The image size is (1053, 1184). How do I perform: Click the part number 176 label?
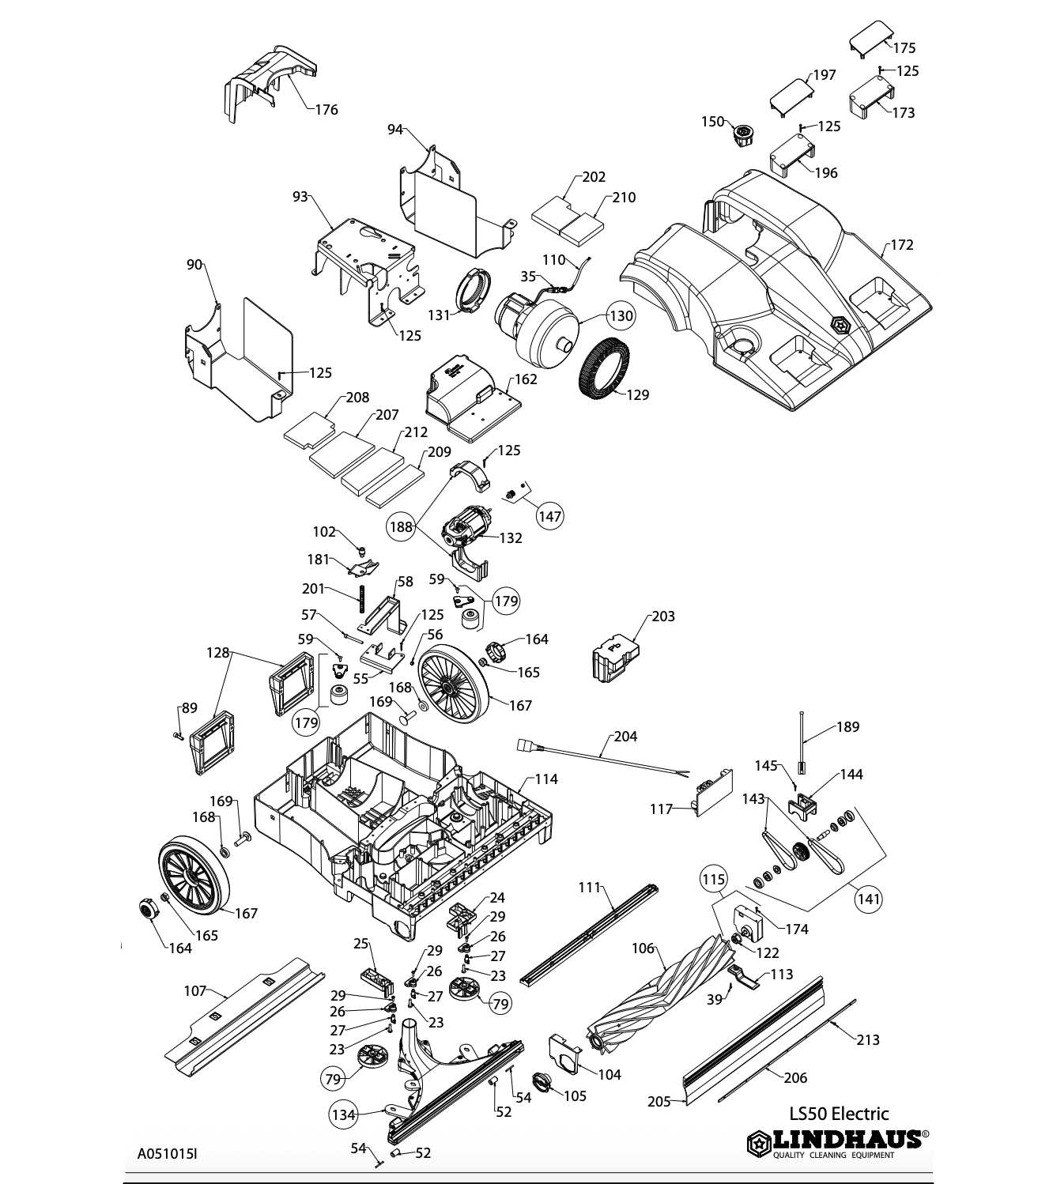326,109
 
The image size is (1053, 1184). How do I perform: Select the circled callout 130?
621,315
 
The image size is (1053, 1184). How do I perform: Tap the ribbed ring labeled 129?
604,369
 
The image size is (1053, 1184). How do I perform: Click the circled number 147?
550,516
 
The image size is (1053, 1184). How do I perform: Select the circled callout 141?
868,899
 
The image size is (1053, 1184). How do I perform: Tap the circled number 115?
714,879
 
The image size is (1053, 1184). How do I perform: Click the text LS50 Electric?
839,1114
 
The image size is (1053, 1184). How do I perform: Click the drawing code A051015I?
168,1154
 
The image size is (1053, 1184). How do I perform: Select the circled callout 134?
344,1114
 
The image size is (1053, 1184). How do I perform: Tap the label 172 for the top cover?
901,245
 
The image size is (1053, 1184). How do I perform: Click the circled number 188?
401,526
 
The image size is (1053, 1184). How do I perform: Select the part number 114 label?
546,779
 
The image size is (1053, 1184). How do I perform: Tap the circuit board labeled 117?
714,793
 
